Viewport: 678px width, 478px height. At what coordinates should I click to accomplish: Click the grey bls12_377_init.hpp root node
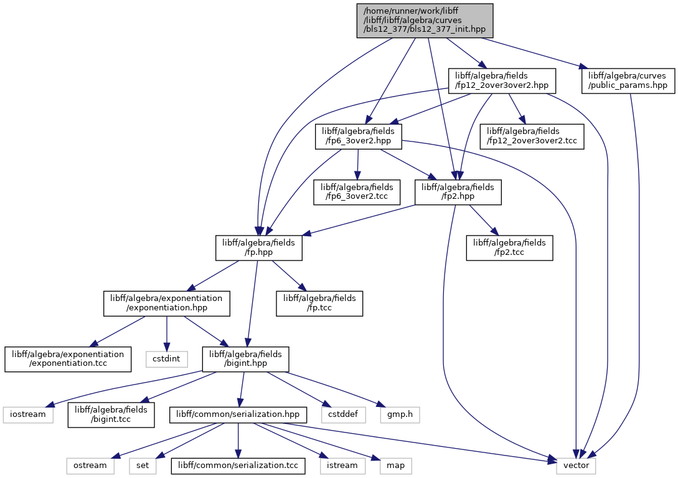[x=425, y=21]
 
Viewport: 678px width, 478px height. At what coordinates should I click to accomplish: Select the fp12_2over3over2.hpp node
[x=502, y=80]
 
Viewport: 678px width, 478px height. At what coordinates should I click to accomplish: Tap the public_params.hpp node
[x=628, y=80]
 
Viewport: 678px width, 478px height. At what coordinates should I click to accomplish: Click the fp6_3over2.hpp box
[x=358, y=136]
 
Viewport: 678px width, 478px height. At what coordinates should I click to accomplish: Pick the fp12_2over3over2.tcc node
[x=532, y=136]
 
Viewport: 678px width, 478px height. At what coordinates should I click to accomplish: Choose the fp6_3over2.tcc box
[x=357, y=192]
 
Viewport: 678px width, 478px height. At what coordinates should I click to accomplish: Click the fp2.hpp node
[x=458, y=192]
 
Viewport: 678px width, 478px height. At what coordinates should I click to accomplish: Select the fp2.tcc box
[x=509, y=247]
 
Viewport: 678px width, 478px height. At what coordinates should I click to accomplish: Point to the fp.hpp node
[x=258, y=247]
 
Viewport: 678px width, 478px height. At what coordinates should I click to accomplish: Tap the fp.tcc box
[x=319, y=303]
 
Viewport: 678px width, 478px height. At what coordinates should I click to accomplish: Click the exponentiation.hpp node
[x=166, y=303]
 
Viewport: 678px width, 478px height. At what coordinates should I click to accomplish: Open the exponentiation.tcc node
[x=68, y=358]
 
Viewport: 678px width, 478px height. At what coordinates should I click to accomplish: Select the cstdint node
[x=166, y=359]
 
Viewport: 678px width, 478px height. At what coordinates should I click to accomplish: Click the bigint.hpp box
[x=245, y=358]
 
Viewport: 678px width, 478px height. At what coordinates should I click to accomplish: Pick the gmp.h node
[x=400, y=414]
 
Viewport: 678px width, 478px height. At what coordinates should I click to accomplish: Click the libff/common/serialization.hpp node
[x=238, y=414]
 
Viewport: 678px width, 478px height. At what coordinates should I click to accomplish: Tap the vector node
[x=577, y=466]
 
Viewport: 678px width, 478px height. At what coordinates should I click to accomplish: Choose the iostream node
[x=28, y=414]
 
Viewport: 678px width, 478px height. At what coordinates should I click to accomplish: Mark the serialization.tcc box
[x=238, y=466]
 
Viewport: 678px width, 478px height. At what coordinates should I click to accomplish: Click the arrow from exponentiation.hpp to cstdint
[x=166, y=333]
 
